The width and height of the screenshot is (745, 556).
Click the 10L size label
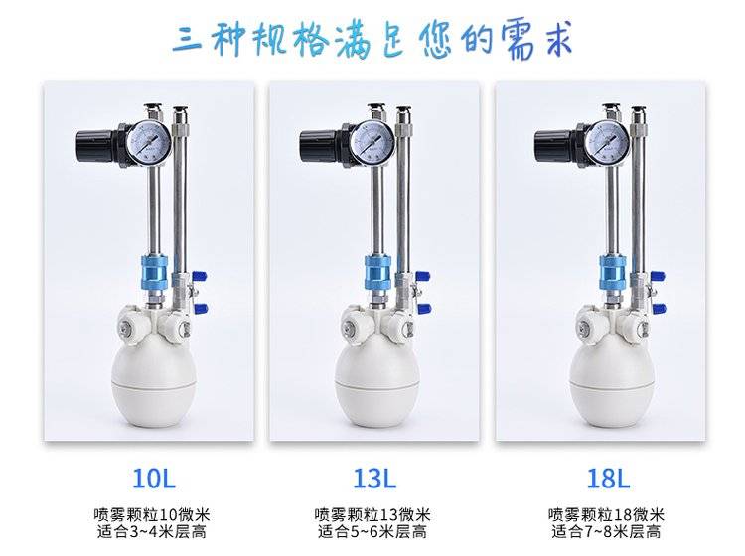click(x=153, y=479)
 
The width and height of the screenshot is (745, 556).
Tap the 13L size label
click(x=374, y=479)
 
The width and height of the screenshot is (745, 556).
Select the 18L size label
click(x=608, y=479)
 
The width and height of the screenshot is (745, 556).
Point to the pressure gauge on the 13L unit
click(x=372, y=142)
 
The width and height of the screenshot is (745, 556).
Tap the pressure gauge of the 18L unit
click(x=607, y=142)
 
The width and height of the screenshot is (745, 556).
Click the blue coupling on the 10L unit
click(x=154, y=273)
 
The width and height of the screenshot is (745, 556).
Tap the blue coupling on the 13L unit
click(x=377, y=273)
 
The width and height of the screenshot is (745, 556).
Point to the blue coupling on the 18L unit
click(x=612, y=273)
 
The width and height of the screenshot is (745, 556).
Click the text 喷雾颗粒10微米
click(x=152, y=514)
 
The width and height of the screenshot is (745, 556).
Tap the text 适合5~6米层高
click(x=372, y=532)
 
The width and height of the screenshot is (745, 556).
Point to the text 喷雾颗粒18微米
click(x=606, y=514)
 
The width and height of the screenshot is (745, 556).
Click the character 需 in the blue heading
click(x=519, y=42)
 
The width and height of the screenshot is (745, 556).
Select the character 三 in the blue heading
click(x=188, y=39)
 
